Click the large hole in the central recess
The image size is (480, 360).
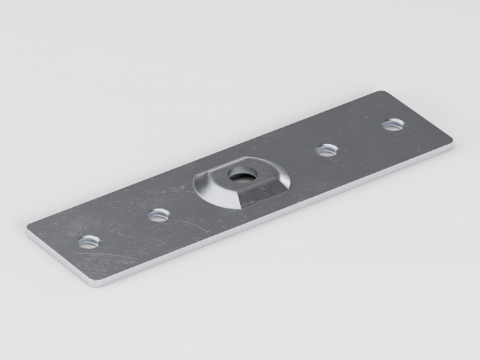pos(241,175)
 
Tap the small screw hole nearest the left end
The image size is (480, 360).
pos(88,241)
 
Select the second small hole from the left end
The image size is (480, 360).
pos(158,215)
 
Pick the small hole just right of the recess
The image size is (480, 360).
pos(326,149)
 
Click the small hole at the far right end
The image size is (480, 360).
pos(393,124)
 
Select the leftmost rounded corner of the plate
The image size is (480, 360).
pos(29,230)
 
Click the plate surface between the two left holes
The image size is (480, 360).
pos(123,228)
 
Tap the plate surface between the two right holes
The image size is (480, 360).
pos(360,137)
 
